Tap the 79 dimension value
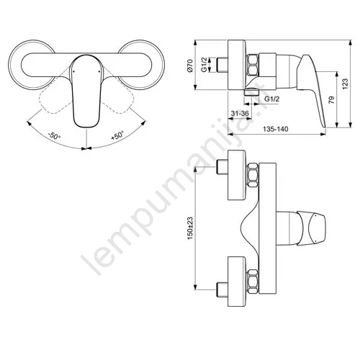point(331,100)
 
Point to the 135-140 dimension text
point(276,129)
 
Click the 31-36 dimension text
point(240,113)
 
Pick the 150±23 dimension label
point(190,229)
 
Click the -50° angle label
point(54,136)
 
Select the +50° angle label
point(117,135)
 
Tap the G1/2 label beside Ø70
point(204,65)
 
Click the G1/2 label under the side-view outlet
point(272,99)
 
